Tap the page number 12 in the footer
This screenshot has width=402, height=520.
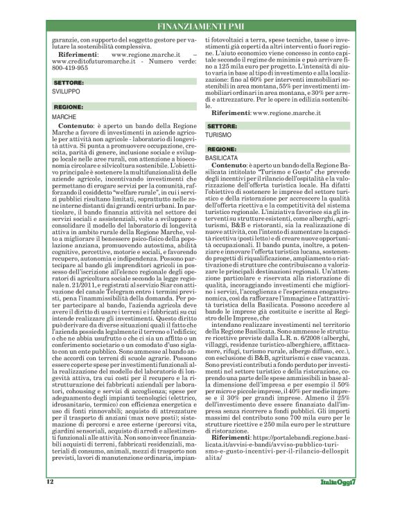pos(51,500)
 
